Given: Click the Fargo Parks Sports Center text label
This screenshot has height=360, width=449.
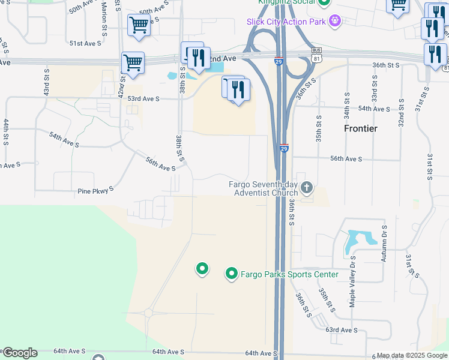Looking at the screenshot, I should pos(289,275).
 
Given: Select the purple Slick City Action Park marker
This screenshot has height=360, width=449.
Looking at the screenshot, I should pos(335,22).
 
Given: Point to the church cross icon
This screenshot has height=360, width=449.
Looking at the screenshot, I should pos(306,188).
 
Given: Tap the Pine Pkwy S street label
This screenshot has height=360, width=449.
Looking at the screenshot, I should pos(96,191).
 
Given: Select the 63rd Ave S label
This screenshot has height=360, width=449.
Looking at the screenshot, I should pos(342,330).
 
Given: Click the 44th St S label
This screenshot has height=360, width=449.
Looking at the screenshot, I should pos(6,133).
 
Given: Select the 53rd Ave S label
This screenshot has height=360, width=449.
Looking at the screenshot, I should pos(143,98).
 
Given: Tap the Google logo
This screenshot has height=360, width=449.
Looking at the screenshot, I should pos(19,353).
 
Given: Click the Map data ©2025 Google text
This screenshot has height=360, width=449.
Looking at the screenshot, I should pos(412,355).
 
